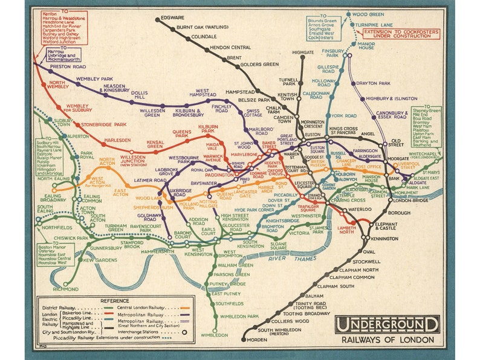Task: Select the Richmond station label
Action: click(66, 289)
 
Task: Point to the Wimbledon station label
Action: click(215, 335)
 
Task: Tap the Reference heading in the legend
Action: click(115, 300)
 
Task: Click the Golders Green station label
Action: click(259, 64)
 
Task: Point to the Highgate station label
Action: click(303, 53)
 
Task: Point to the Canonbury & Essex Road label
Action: click(394, 114)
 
